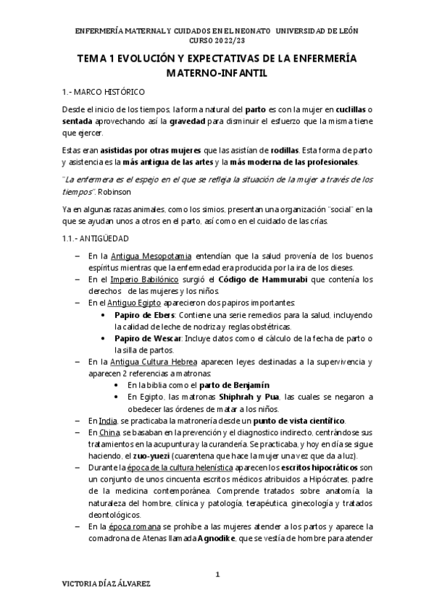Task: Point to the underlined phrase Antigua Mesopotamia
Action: tap(151, 256)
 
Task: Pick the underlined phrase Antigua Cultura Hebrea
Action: tap(169, 361)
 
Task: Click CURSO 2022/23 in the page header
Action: tap(217, 41)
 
